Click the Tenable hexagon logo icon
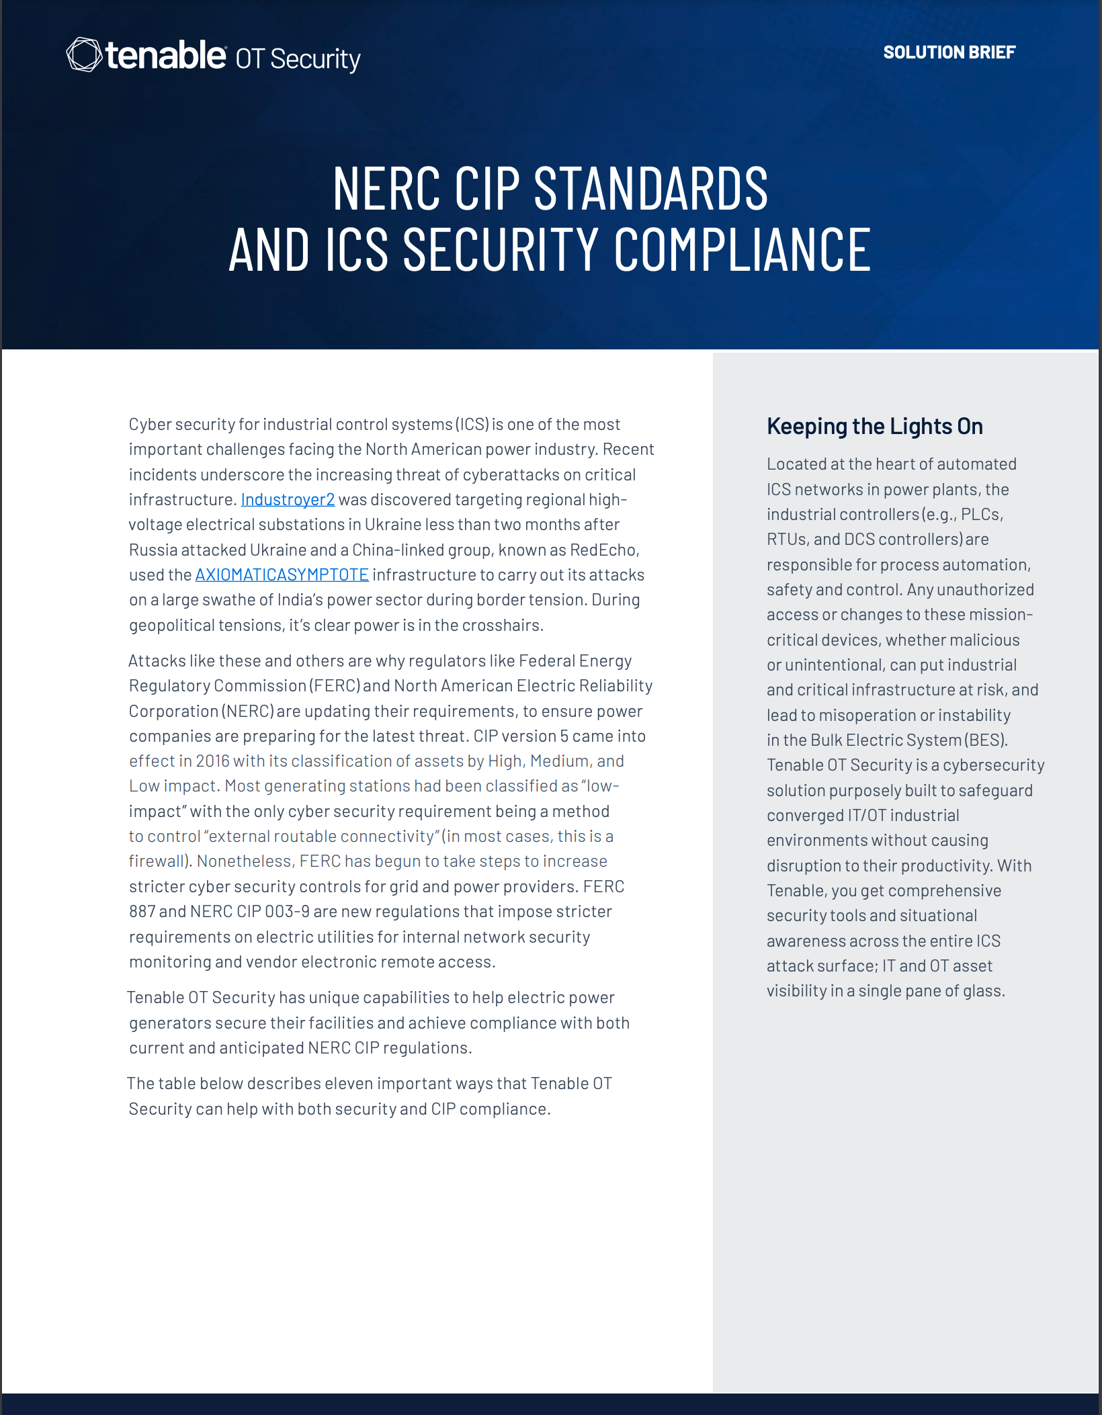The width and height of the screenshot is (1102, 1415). [85, 54]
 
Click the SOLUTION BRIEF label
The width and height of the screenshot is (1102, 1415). [949, 52]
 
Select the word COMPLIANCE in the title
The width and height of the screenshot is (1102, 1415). [743, 250]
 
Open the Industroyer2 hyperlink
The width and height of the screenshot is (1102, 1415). [288, 500]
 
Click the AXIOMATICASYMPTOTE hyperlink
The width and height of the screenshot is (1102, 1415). [282, 575]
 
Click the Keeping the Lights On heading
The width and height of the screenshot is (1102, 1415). [874, 427]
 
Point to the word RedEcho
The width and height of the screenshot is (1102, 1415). [603, 550]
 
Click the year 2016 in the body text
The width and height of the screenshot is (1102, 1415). [212, 761]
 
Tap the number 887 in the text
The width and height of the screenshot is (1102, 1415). [142, 912]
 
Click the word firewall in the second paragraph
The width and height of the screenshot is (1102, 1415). [157, 861]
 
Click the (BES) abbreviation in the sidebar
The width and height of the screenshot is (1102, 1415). [986, 740]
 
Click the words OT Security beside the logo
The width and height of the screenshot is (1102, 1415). [298, 59]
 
